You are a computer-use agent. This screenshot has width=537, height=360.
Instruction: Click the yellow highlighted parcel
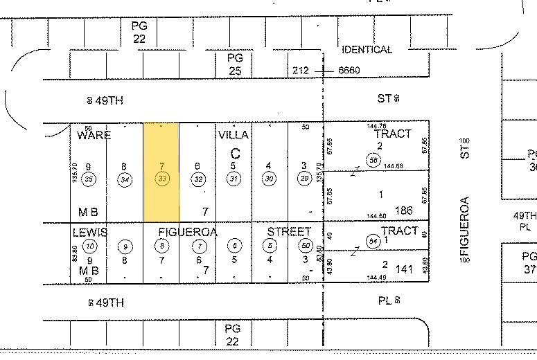pyautogui.click(x=161, y=172)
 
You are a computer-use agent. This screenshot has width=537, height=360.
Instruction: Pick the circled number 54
pyautogui.click(x=374, y=240)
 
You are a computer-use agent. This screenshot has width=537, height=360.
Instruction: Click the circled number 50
pyautogui.click(x=305, y=245)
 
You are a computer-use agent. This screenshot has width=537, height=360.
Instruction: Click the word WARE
pyautogui.click(x=94, y=134)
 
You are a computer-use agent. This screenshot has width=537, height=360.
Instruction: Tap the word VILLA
pyautogui.click(x=233, y=134)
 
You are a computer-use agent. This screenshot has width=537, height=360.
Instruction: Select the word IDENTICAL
pyautogui.click(x=367, y=50)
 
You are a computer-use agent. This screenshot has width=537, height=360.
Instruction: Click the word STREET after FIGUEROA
pyautogui.click(x=290, y=231)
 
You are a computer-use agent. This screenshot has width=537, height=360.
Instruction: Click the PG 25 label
pyautogui.click(x=236, y=64)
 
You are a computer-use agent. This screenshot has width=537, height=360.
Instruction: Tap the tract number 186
pyautogui.click(x=403, y=210)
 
